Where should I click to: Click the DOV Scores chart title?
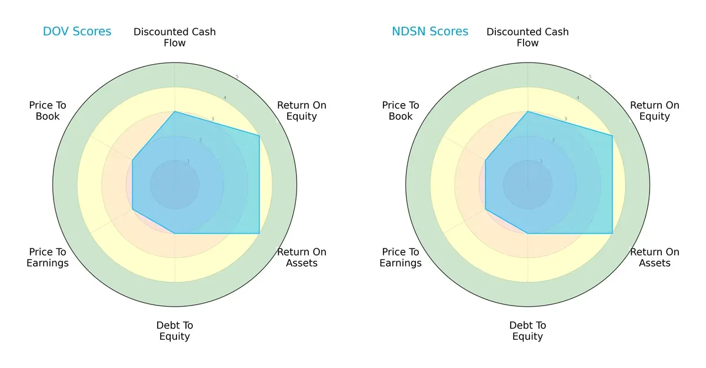point(76,32)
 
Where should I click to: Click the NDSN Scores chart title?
point(430,32)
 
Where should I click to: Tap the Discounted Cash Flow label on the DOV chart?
point(175,37)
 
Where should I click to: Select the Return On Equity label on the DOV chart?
point(302,111)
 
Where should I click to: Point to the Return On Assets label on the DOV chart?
point(302,257)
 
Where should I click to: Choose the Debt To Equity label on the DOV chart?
point(175,331)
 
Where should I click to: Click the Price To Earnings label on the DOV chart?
point(48,257)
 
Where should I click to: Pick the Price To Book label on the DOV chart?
point(48,111)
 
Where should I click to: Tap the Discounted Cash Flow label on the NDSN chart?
point(528,37)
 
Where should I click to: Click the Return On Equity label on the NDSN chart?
point(655,111)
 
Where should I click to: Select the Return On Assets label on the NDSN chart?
point(655,257)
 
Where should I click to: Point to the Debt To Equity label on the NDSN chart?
point(528,331)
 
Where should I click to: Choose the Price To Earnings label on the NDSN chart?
point(401,257)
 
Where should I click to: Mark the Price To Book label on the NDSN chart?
point(401,111)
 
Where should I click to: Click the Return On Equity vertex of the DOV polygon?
point(259,136)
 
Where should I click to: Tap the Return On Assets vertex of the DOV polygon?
point(259,233)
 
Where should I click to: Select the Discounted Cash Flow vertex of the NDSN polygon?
point(528,111)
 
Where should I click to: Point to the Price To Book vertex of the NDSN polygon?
point(485,160)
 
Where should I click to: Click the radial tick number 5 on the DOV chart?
point(237,77)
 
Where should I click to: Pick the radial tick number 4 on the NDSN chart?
point(578,98)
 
